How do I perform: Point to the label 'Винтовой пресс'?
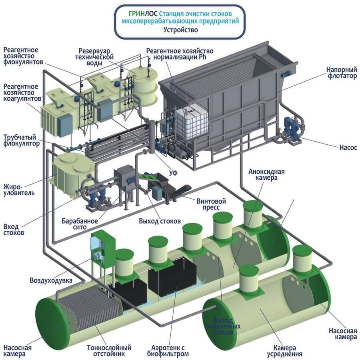[211, 204]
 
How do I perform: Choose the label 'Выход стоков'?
[160, 221]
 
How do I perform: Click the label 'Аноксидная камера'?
[266, 175]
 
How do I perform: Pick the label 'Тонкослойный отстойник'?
[109, 351]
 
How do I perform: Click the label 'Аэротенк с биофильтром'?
[170, 351]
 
